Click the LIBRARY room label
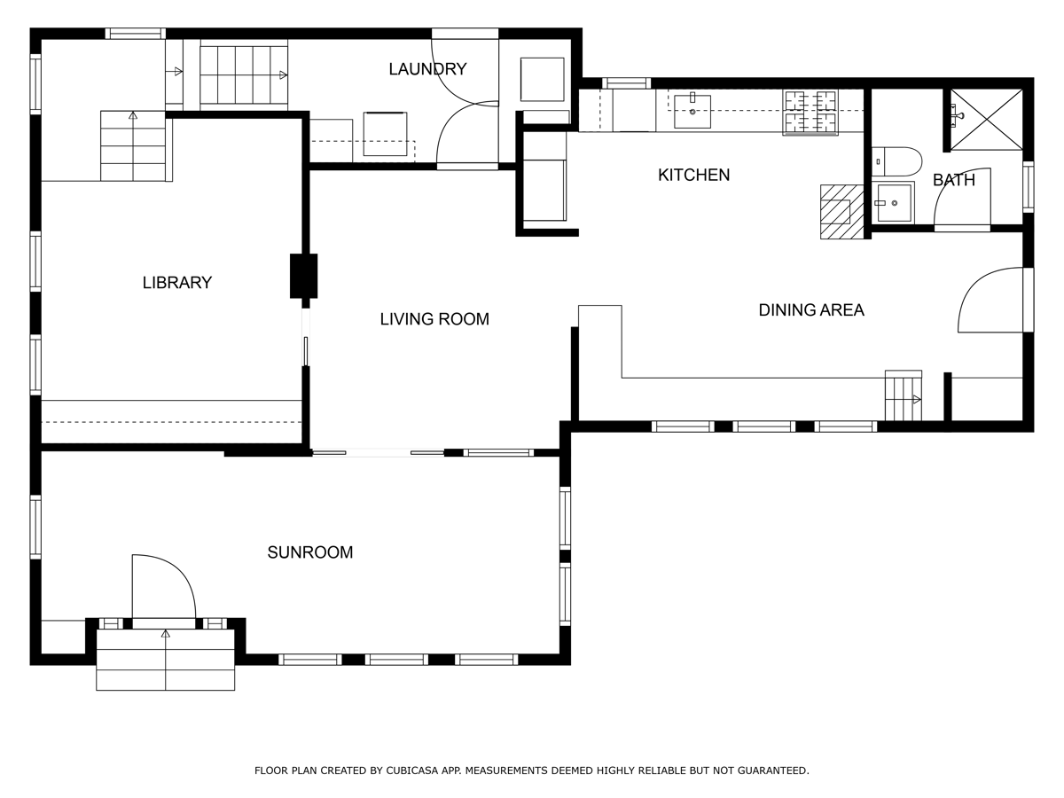point(177,283)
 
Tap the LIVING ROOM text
point(434,319)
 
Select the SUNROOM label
point(310,552)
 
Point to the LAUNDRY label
point(427,69)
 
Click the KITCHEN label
point(693,176)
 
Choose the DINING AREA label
point(810,310)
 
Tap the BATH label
point(953,181)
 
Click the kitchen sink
point(692,112)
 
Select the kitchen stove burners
point(810,113)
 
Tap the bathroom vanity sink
point(893,203)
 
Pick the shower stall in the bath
point(986,119)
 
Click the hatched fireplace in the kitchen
point(841,212)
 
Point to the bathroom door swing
point(962,197)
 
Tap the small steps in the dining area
point(903,396)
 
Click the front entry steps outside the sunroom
point(165,661)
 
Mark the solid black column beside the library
point(303,276)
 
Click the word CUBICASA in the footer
point(416,771)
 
